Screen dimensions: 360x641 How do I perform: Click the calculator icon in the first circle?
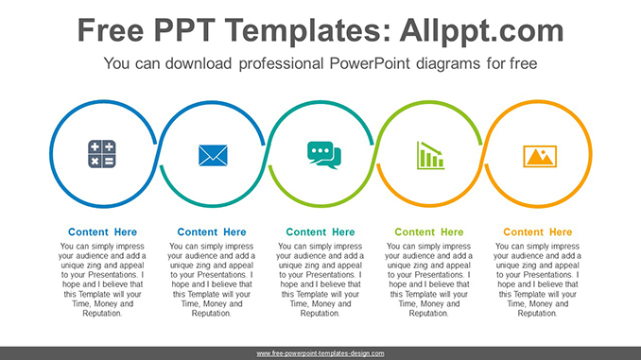click(101, 154)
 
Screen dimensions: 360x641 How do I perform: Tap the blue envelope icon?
click(213, 154)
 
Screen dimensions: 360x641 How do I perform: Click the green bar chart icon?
click(430, 154)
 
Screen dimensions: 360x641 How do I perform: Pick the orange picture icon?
click(540, 155)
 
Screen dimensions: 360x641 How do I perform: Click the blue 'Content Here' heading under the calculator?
click(102, 232)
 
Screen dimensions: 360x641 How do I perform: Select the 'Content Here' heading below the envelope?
click(212, 232)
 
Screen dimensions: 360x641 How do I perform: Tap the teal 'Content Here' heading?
click(320, 232)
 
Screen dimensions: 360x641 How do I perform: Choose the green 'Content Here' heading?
click(429, 232)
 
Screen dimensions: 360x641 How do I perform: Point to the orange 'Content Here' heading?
click(538, 232)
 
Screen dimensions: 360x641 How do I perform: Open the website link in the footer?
click(320, 352)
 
